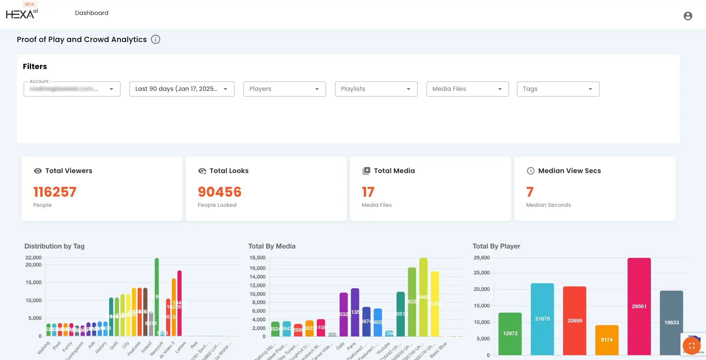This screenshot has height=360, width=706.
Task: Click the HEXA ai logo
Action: [22, 14]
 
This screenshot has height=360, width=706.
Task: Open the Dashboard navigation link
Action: [92, 13]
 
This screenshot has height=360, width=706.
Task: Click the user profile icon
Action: [688, 16]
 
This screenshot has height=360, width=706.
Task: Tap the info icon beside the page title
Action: [155, 39]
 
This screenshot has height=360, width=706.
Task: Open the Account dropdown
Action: [72, 89]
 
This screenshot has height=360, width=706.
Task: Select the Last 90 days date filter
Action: [182, 89]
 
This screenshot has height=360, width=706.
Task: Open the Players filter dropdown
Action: [284, 89]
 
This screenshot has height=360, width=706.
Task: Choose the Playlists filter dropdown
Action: [376, 89]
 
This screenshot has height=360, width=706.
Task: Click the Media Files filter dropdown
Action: [467, 89]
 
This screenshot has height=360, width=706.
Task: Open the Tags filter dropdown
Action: [558, 89]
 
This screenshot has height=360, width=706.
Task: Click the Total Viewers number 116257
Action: [55, 192]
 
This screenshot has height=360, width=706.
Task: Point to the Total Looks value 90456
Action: [219, 192]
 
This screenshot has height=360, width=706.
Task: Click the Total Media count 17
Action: [368, 192]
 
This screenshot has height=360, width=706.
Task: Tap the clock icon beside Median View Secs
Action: [530, 171]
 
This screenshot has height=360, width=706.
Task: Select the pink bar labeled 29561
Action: [639, 306]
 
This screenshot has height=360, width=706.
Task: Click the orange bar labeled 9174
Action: [607, 340]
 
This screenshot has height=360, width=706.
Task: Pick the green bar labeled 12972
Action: [510, 333]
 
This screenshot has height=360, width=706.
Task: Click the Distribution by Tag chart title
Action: [54, 246]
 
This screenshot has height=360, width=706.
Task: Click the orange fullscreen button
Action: [692, 346]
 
